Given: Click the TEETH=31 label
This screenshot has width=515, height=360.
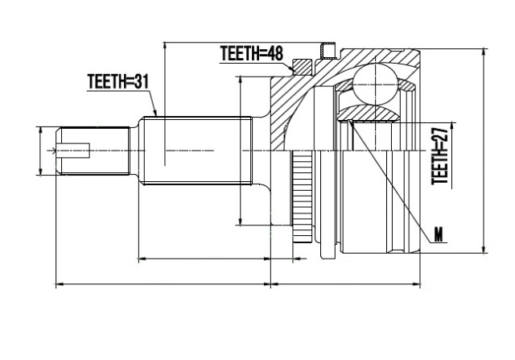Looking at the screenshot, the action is [118, 81].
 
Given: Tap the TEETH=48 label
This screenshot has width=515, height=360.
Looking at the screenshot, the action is [251, 53].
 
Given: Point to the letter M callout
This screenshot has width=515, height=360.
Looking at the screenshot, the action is [439, 235].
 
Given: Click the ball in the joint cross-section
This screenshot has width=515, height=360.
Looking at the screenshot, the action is [376, 85].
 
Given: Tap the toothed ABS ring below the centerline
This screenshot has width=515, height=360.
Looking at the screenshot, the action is [301, 196].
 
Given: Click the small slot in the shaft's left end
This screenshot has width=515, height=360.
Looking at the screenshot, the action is [73, 151].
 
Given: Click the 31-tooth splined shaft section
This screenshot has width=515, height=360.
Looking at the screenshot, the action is [196, 151].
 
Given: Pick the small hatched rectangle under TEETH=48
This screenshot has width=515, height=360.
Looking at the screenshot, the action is [303, 67].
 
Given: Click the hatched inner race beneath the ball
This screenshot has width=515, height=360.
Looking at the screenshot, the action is [369, 113].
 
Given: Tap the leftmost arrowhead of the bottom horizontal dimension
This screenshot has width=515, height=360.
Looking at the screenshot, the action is [56, 283].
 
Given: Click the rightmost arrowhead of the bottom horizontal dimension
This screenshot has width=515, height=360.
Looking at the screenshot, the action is [420, 283].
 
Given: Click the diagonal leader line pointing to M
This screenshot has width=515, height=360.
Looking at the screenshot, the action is [389, 181].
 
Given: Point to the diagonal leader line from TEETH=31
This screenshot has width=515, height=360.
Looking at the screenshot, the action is [153, 103].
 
